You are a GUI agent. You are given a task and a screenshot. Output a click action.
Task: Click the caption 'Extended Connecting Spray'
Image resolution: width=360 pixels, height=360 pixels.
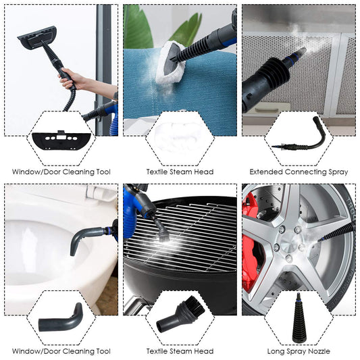point(299,172)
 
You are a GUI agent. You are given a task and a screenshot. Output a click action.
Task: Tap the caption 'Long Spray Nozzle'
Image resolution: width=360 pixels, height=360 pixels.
point(299,351)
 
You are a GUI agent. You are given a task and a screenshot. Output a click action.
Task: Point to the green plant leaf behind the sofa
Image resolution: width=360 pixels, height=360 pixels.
point(138,27)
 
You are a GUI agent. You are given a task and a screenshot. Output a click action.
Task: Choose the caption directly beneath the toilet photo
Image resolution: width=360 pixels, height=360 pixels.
point(61,351)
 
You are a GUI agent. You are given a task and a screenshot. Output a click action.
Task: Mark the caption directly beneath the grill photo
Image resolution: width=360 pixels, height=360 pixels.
point(180,351)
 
